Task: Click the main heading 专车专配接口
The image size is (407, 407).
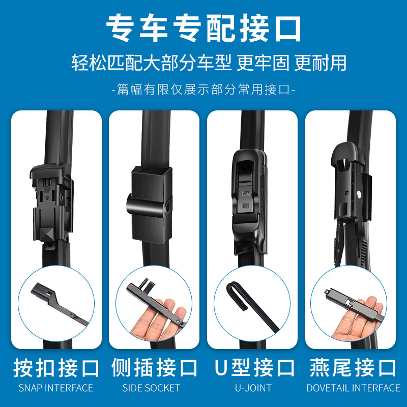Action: (x=203, y=29)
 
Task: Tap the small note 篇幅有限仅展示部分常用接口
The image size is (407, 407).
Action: (x=203, y=90)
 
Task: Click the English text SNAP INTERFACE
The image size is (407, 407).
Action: (x=56, y=388)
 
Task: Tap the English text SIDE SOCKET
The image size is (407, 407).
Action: (x=151, y=388)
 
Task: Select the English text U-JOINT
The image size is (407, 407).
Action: (x=253, y=388)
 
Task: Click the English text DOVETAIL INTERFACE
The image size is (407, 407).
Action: (x=353, y=388)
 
